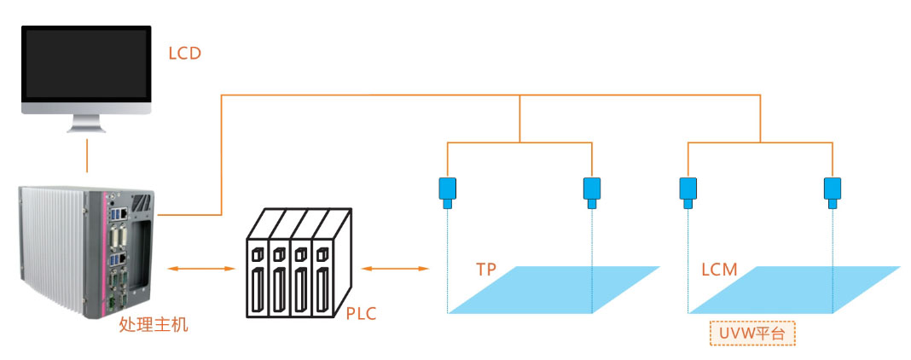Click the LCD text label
(184, 54)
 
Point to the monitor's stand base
(86, 129)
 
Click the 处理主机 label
(154, 324)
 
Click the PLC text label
(362, 314)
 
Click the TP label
(486, 270)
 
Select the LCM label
(719, 270)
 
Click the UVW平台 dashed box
(752, 333)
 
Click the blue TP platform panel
(554, 290)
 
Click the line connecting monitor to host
(86, 156)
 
